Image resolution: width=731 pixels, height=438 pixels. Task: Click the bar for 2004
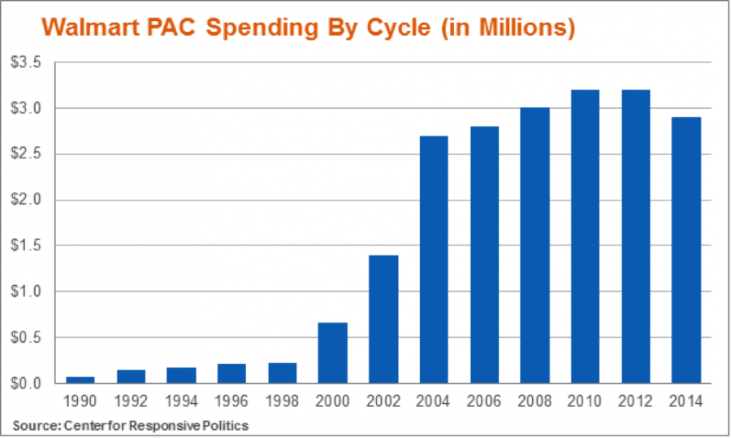coord(433,259)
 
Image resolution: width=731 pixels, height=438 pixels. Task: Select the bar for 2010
coord(585,236)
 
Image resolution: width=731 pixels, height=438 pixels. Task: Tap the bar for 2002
coord(383,319)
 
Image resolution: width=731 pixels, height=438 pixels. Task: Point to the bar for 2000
coord(332,353)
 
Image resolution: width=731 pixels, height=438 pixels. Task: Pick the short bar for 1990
coord(80,379)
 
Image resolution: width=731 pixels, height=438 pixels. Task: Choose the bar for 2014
coord(686,250)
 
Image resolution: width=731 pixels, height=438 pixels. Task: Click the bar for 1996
coord(231,373)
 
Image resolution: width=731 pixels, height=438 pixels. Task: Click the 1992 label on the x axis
coord(131,401)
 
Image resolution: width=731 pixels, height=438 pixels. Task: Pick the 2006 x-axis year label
coord(483,401)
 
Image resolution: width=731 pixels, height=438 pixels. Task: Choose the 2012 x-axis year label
coord(635,401)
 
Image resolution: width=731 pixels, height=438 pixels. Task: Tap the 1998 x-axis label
coord(282,401)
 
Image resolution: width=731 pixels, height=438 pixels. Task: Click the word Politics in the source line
coord(226,425)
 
